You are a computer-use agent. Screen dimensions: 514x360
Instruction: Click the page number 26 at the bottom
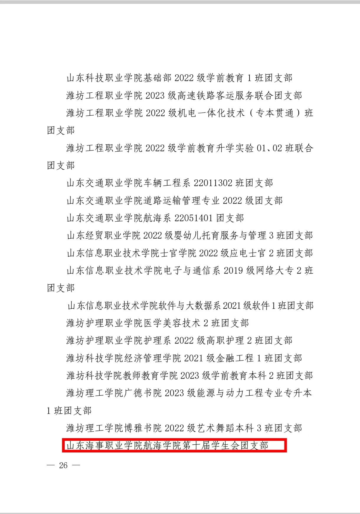tap(63, 465)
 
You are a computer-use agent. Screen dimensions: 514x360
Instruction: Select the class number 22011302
tap(213, 183)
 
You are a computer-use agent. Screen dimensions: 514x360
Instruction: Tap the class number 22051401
tap(193, 218)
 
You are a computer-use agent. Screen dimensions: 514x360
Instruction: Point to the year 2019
tap(233, 271)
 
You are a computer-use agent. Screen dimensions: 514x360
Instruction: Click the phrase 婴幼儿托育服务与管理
tap(220, 235)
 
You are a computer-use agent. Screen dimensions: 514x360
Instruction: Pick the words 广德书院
tap(143, 393)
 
